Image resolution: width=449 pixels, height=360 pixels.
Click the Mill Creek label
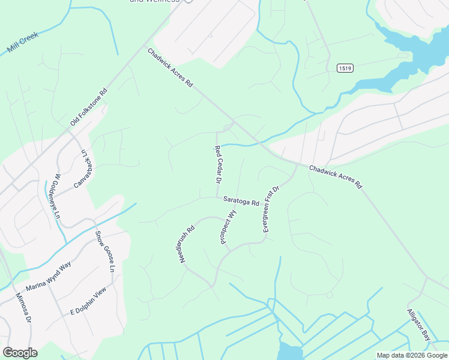click(23, 43)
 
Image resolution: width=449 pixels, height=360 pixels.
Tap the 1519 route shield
click(345, 68)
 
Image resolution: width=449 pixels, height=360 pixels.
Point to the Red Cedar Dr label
click(218, 164)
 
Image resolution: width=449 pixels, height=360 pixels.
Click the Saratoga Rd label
click(241, 202)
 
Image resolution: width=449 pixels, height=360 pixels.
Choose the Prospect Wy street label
click(228, 227)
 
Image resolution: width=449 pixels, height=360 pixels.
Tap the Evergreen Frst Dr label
click(271, 209)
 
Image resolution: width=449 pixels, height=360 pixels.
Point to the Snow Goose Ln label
click(104, 251)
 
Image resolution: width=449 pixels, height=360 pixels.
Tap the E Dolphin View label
click(88, 301)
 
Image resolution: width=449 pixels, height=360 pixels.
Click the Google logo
click(20, 353)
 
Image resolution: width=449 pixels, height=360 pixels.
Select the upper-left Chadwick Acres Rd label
click(170, 68)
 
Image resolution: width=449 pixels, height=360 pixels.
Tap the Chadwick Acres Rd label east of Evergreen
click(336, 177)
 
